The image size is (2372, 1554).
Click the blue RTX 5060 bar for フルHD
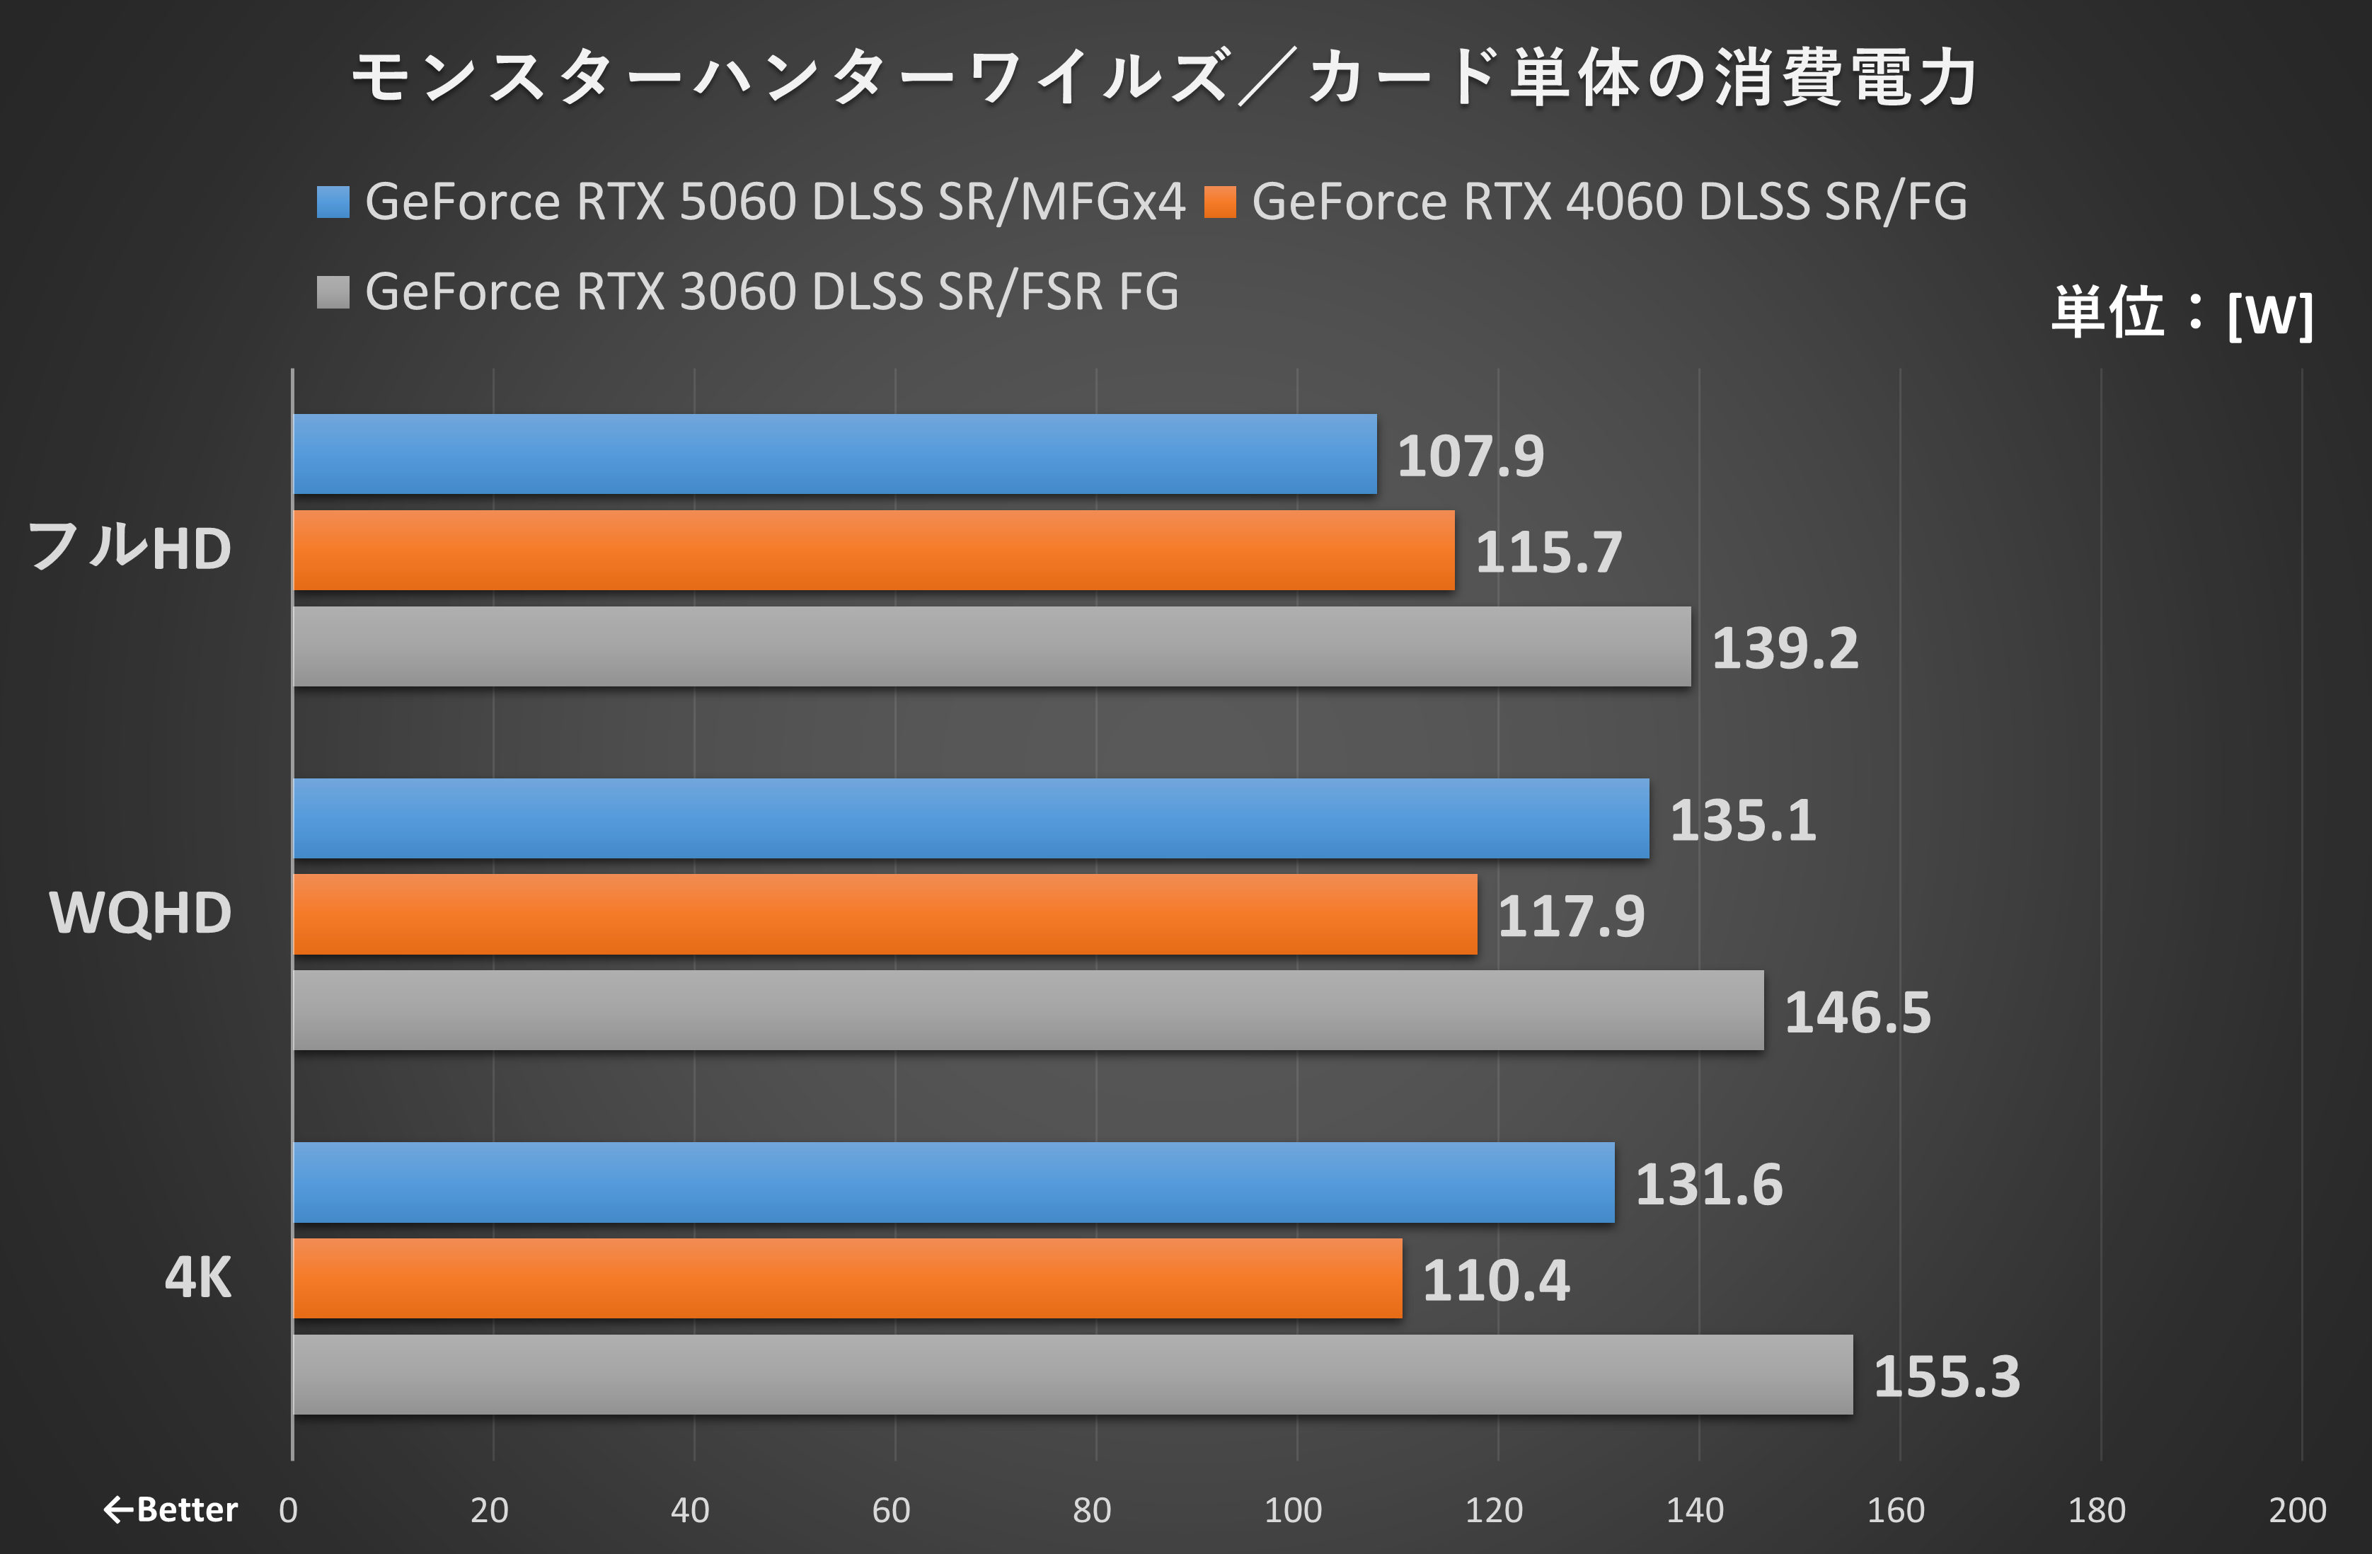click(x=835, y=454)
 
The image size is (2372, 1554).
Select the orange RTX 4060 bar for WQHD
click(x=885, y=915)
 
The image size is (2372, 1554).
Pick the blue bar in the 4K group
click(x=954, y=1183)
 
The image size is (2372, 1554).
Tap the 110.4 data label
click(x=1495, y=1281)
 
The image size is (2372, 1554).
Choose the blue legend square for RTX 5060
click(x=333, y=202)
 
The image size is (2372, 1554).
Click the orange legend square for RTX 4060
click(x=1220, y=202)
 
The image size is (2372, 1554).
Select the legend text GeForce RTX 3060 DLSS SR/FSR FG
click(x=771, y=292)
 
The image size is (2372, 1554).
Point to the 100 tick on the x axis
click(x=1293, y=1510)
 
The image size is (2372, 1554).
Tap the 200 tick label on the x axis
click(x=2297, y=1510)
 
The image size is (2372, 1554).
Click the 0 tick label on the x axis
click(x=288, y=1510)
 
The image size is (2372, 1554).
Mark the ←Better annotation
click(x=171, y=1510)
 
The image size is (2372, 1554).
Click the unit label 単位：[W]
click(x=2182, y=313)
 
